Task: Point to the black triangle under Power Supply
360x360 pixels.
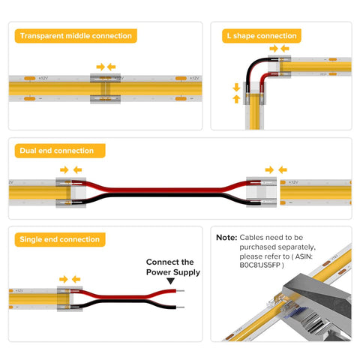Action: [x=170, y=280]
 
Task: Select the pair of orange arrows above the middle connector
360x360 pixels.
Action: [x=106, y=66]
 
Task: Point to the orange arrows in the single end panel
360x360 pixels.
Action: [x=70, y=279]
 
